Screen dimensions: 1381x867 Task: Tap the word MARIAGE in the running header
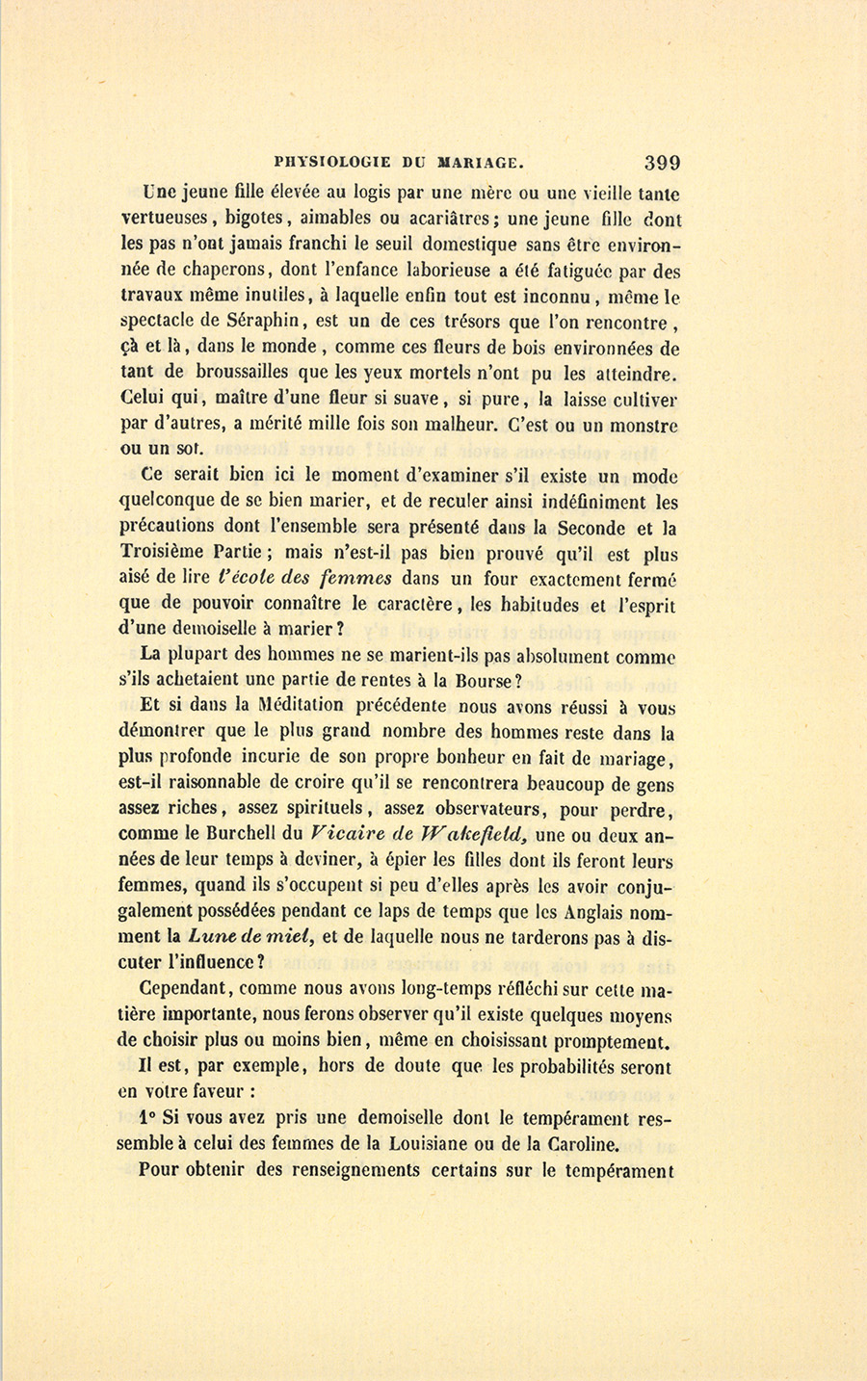tap(480, 162)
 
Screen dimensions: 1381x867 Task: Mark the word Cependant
tap(184, 989)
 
